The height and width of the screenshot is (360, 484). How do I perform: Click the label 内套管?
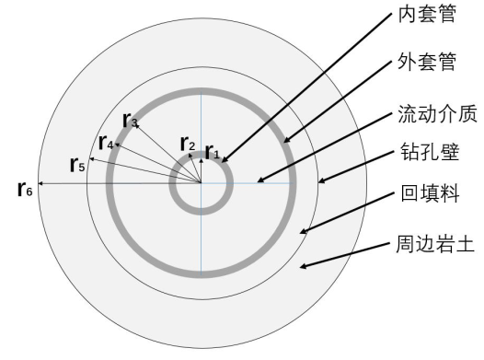(x=427, y=14)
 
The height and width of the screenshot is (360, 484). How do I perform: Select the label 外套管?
(x=427, y=62)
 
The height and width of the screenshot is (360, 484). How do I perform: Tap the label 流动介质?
(x=437, y=113)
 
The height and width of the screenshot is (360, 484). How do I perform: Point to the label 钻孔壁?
(x=430, y=152)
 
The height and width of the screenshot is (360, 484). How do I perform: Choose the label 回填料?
(x=430, y=193)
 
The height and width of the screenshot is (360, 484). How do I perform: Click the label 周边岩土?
(x=435, y=244)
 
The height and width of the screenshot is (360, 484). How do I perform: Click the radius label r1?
(x=213, y=151)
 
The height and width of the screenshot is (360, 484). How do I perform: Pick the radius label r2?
(x=188, y=144)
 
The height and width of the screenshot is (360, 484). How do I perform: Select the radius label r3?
(x=130, y=120)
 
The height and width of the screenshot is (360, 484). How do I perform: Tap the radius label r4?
(x=106, y=143)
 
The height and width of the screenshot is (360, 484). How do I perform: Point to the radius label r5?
(x=77, y=164)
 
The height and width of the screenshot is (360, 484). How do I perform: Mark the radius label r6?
(x=25, y=189)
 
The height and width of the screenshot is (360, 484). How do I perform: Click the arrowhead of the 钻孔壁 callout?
(x=319, y=182)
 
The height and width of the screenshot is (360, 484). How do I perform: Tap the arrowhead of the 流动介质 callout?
(x=259, y=181)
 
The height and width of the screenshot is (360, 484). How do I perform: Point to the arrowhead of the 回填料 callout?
(x=301, y=233)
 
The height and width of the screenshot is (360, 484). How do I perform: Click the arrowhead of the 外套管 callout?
(x=285, y=142)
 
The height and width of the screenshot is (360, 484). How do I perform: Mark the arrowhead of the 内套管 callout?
(x=223, y=161)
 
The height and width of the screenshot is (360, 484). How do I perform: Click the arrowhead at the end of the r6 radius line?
(x=39, y=183)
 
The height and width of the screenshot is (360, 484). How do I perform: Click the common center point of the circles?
(x=202, y=183)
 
